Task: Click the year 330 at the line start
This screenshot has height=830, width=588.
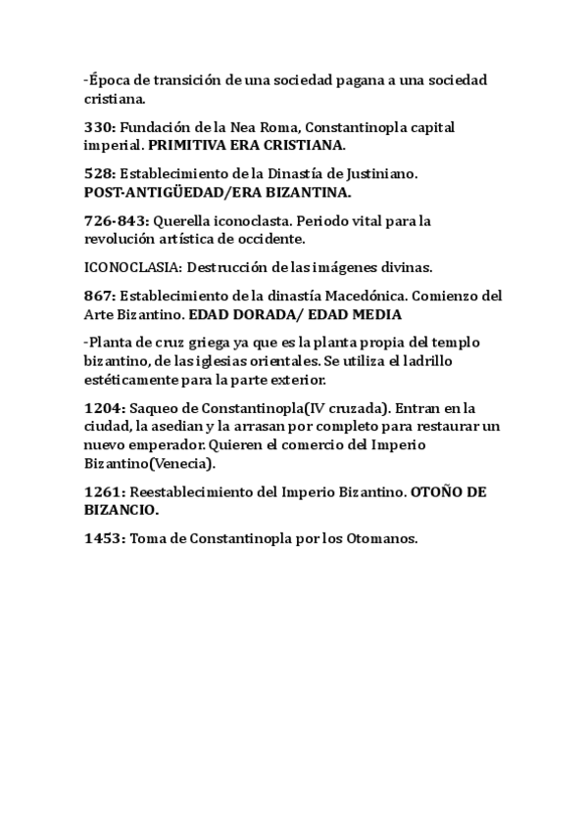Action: click(x=99, y=128)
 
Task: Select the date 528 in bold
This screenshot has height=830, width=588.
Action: click(x=99, y=173)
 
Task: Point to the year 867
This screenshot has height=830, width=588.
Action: click(x=99, y=296)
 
